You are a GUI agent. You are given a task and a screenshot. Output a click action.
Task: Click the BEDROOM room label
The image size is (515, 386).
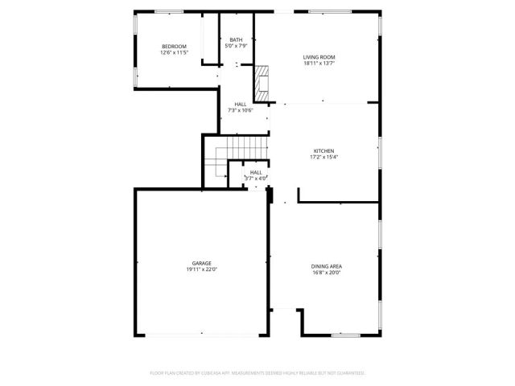coord(174,47)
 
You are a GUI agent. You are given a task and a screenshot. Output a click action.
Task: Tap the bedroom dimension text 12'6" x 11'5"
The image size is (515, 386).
coord(174,53)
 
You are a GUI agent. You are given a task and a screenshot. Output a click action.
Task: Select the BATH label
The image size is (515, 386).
coord(236,40)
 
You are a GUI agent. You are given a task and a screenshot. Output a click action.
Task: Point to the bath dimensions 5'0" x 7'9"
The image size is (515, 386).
coord(236,47)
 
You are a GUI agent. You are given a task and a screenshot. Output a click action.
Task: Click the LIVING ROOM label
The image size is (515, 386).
coord(319,57)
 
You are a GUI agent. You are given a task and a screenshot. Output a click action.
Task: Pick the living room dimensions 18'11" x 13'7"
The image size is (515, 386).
coord(319,64)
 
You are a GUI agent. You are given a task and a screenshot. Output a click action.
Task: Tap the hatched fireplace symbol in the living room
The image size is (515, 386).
coord(262,80)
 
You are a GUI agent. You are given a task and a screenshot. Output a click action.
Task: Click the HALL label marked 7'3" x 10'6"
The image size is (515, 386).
coord(241,105)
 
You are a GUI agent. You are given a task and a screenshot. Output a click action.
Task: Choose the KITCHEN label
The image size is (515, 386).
coord(323,150)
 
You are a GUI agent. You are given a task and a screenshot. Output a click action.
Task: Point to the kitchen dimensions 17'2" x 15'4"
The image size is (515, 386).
coord(323,157)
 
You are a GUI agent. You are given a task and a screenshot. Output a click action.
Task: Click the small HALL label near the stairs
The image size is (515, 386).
coord(256,172)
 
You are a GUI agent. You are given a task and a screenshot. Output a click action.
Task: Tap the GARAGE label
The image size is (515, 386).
coord(201,263)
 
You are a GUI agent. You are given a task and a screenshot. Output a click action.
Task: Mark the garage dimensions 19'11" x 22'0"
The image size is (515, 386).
coord(201,269)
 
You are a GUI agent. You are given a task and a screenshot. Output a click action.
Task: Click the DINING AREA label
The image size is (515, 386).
coord(326,266)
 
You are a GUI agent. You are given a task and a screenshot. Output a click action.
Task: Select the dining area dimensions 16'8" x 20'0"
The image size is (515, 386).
coord(326,273)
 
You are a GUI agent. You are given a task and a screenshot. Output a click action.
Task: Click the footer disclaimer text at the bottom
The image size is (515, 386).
coord(257,373)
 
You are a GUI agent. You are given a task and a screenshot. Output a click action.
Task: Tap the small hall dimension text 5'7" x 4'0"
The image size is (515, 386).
coord(256,178)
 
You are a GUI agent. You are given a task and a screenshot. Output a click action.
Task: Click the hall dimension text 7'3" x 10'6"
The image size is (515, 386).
coord(241,111)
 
